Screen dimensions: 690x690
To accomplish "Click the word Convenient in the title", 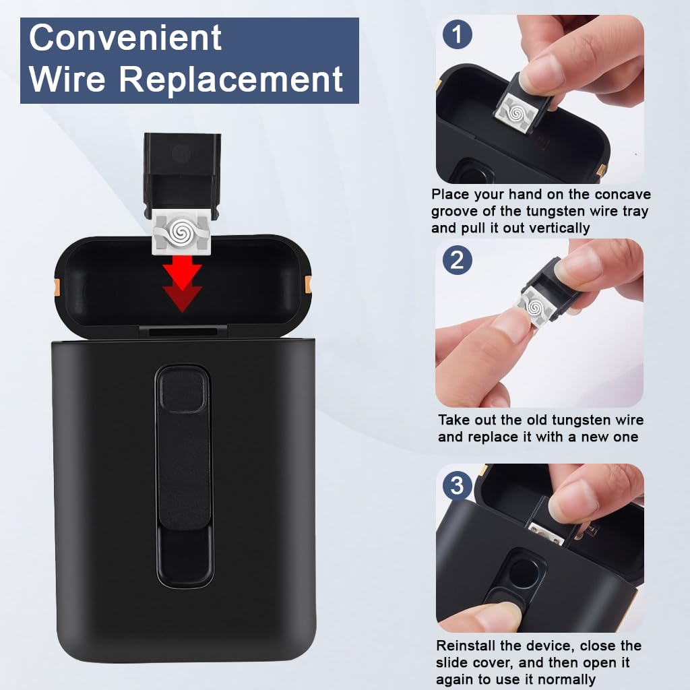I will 125,38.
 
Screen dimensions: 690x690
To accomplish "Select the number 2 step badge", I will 458,259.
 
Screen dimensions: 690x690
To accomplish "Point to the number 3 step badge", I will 458,484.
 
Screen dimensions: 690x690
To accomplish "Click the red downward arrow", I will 183,283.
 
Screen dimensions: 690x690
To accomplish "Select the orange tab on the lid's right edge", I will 309,283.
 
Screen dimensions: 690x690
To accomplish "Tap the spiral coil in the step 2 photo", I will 536,307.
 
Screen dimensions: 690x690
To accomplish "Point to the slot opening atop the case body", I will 183,332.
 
